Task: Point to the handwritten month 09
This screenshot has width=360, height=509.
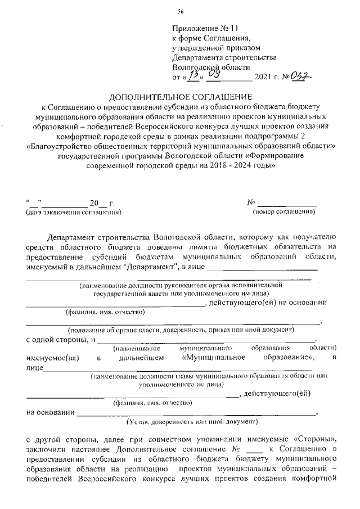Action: coord(214,74)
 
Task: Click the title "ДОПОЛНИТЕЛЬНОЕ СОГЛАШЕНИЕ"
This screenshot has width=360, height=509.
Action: coord(181,97)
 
